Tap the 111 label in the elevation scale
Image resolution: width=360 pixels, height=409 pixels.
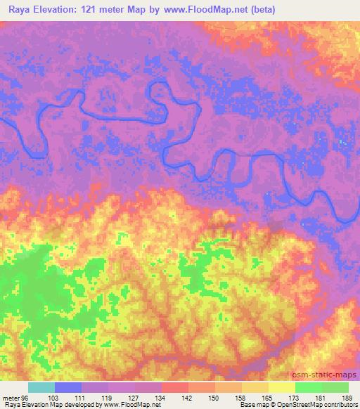[81, 398]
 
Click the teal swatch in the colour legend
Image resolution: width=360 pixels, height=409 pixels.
[41, 387]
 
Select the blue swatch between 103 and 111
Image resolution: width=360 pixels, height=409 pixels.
[67, 387]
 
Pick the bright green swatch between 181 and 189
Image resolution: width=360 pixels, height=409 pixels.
[335, 387]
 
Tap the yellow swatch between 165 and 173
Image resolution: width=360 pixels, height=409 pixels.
[282, 387]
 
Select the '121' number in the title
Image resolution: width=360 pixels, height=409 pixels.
[89, 10]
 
